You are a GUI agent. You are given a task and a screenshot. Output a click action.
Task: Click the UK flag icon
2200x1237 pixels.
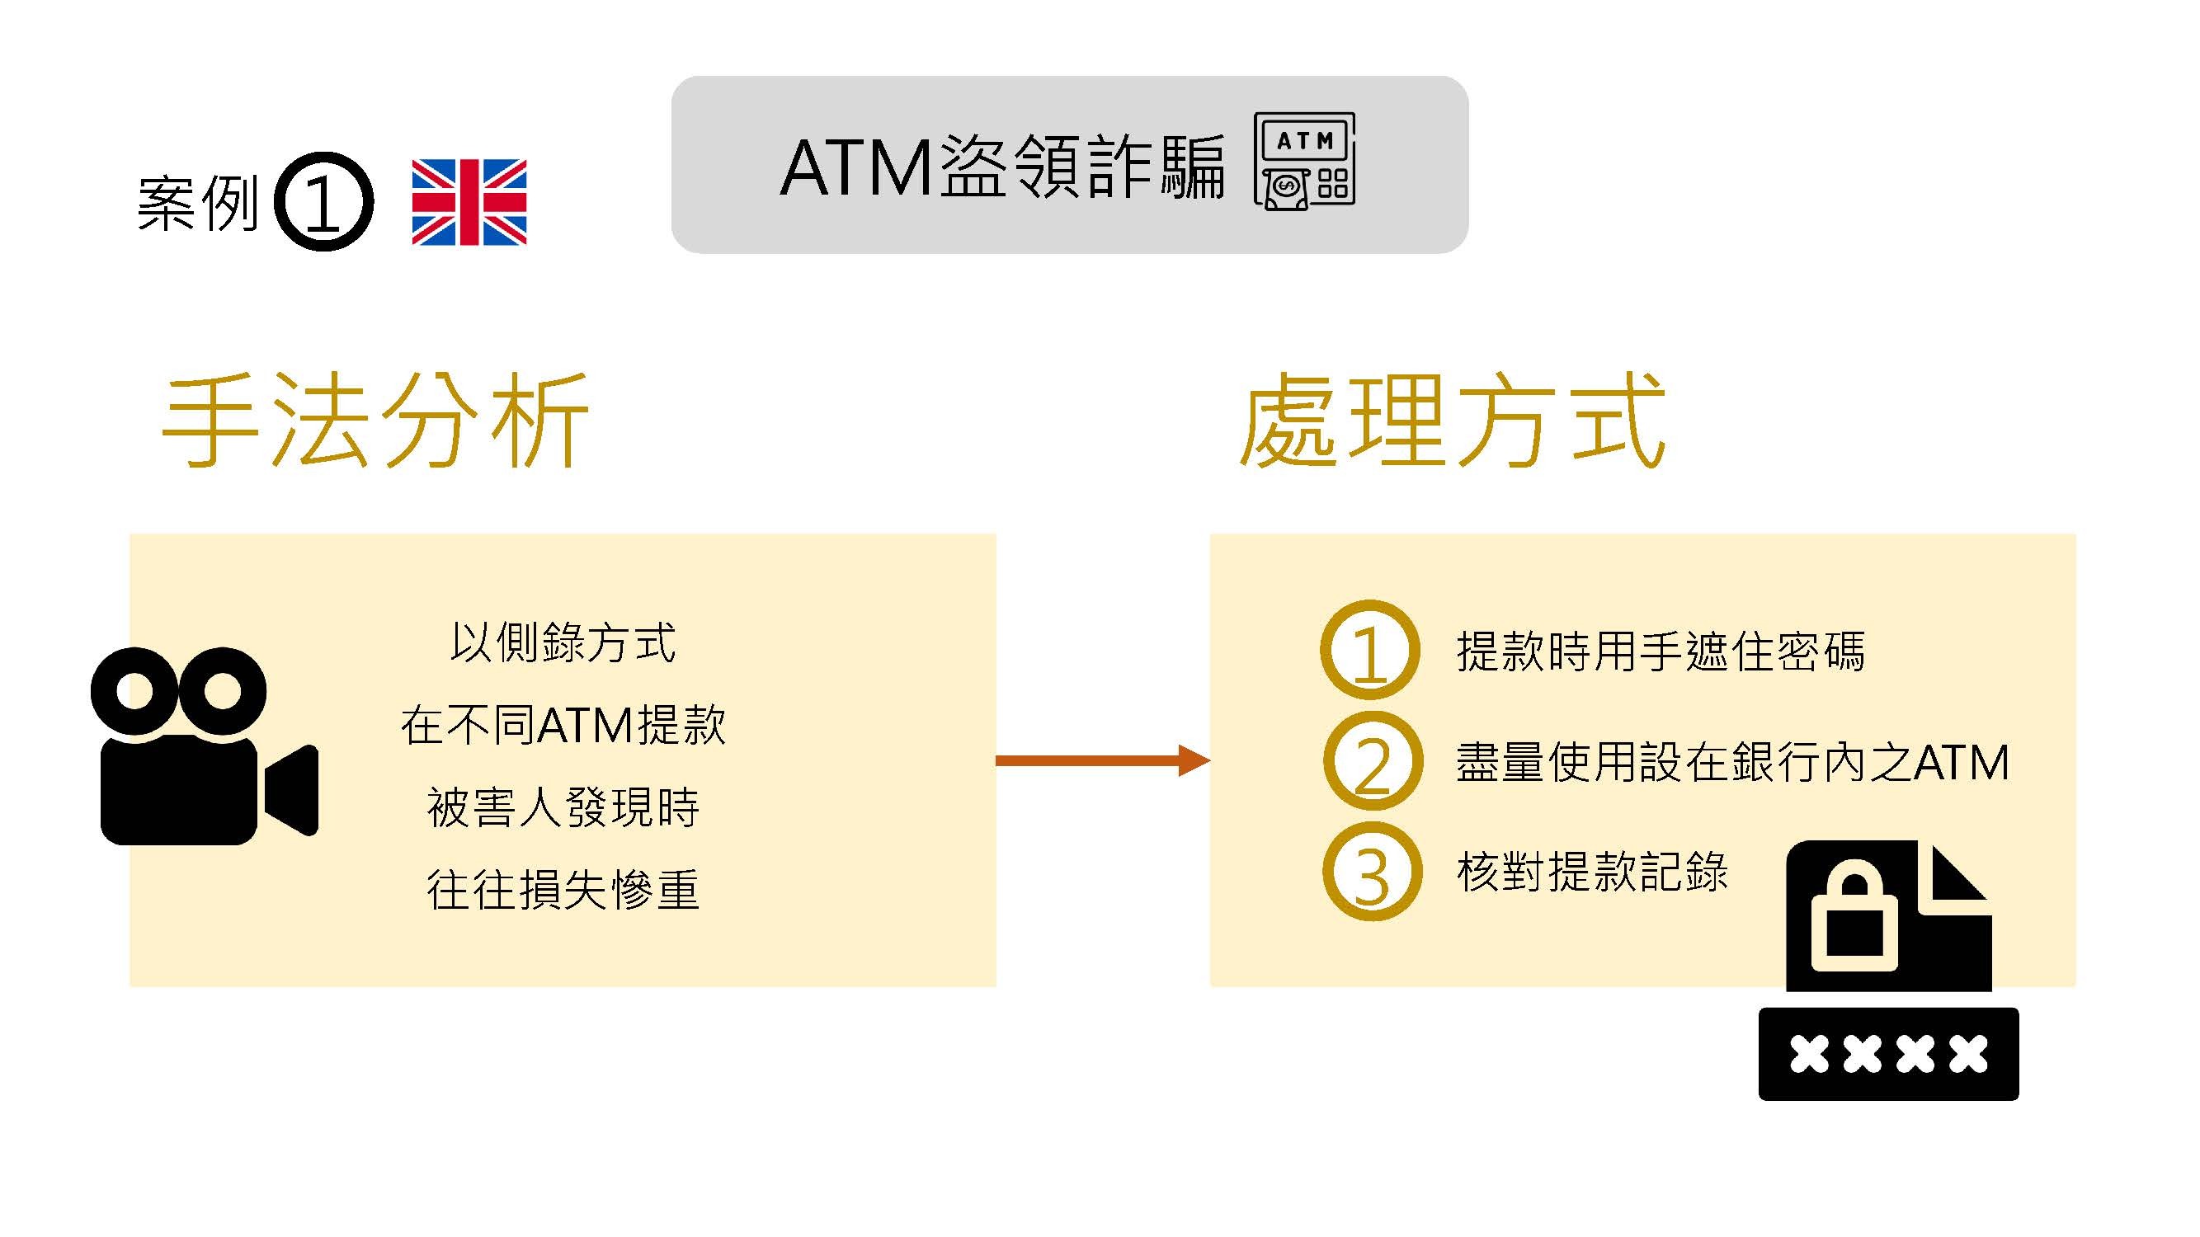coord(469,202)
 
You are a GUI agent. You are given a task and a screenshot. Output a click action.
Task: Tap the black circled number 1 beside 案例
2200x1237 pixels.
coord(323,201)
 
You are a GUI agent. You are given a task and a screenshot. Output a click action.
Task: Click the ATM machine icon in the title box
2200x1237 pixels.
coord(1304,162)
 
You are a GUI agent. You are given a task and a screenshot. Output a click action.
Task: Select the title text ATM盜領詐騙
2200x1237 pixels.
coord(1001,167)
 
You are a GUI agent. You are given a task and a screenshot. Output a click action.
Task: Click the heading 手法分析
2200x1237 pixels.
coord(376,420)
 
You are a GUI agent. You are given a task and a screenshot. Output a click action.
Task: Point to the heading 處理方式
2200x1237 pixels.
coord(1453,420)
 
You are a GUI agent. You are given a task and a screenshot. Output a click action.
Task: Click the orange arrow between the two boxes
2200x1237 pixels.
coord(1103,760)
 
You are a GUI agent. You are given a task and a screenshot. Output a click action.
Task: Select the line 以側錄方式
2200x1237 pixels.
coord(563,642)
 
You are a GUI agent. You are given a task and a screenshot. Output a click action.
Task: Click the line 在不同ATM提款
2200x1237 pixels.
coord(563,725)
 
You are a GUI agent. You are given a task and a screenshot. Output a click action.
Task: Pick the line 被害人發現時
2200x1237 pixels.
coord(563,807)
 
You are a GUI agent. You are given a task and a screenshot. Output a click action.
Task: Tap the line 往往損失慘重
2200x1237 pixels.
coord(563,890)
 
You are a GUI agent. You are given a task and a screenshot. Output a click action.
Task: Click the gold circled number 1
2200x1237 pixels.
coord(1370,650)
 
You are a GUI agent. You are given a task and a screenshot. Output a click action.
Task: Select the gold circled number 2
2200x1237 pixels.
coord(1373,760)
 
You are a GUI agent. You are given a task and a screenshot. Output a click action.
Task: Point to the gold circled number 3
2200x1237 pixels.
coord(1373,872)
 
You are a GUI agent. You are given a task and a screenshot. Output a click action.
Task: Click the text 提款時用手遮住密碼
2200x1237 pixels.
coord(1661,651)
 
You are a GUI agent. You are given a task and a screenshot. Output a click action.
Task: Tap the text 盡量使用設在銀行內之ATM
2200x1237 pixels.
coord(1733,761)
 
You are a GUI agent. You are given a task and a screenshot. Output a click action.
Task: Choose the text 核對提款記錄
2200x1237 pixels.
coord(1592,872)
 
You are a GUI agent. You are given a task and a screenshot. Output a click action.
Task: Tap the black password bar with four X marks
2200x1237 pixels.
coord(1888,1054)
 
